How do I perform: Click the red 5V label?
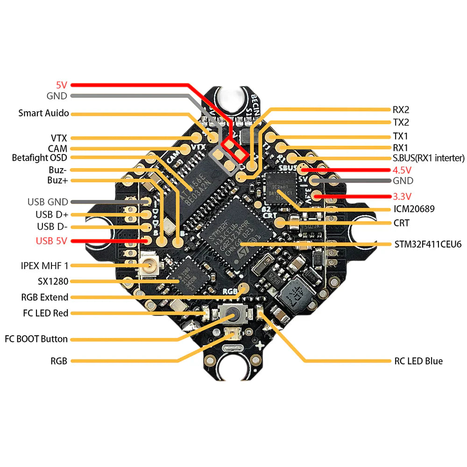pyautogui.click(x=62, y=85)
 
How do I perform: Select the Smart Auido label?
pyautogui.click(x=43, y=113)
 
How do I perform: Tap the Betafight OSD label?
pyautogui.click(x=40, y=158)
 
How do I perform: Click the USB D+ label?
pyautogui.click(x=51, y=214)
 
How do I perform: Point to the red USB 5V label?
pyautogui.click(x=51, y=241)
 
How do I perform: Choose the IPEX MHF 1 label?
pyautogui.click(x=45, y=266)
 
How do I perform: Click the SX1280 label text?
pyautogui.click(x=53, y=282)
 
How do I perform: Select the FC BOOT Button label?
pyautogui.click(x=36, y=339)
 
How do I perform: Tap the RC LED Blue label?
pyautogui.click(x=417, y=361)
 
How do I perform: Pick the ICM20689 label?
pyautogui.click(x=414, y=209)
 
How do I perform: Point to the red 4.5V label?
pyautogui.click(x=403, y=170)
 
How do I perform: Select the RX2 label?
pyautogui.click(x=401, y=110)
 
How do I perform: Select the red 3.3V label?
pyautogui.click(x=403, y=196)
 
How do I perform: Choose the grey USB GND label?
pyautogui.click(x=48, y=202)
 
